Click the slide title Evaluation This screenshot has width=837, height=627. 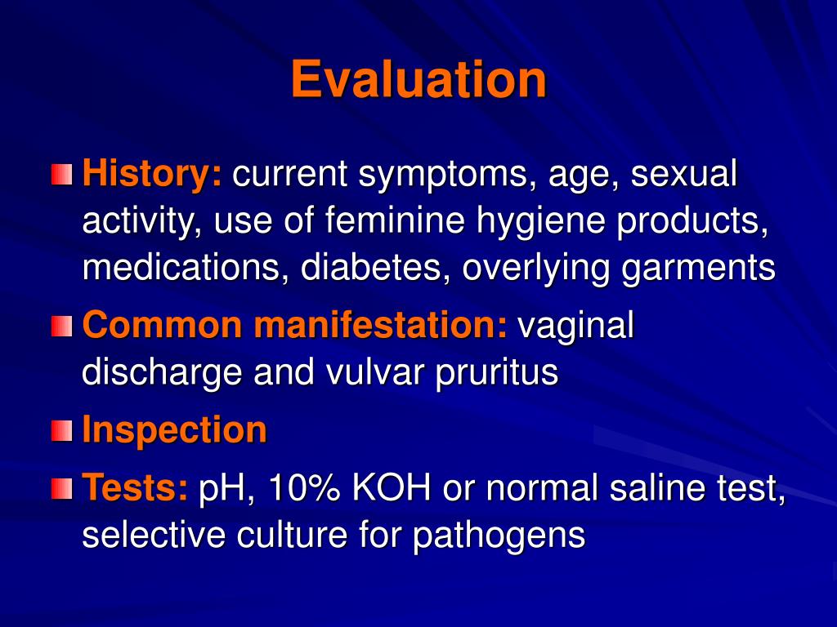[x=418, y=80]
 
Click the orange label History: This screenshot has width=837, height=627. [x=152, y=174]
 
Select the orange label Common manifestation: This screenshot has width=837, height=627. [x=295, y=326]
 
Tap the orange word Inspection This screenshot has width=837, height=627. [x=175, y=430]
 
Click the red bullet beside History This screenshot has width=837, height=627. [x=61, y=175]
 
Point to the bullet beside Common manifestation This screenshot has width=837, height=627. [x=61, y=327]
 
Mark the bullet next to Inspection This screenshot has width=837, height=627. [x=61, y=431]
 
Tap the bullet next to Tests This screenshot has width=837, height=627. [x=61, y=489]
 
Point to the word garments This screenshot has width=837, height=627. [x=699, y=269]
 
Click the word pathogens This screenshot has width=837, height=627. [x=499, y=536]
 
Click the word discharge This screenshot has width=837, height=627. [x=163, y=373]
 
